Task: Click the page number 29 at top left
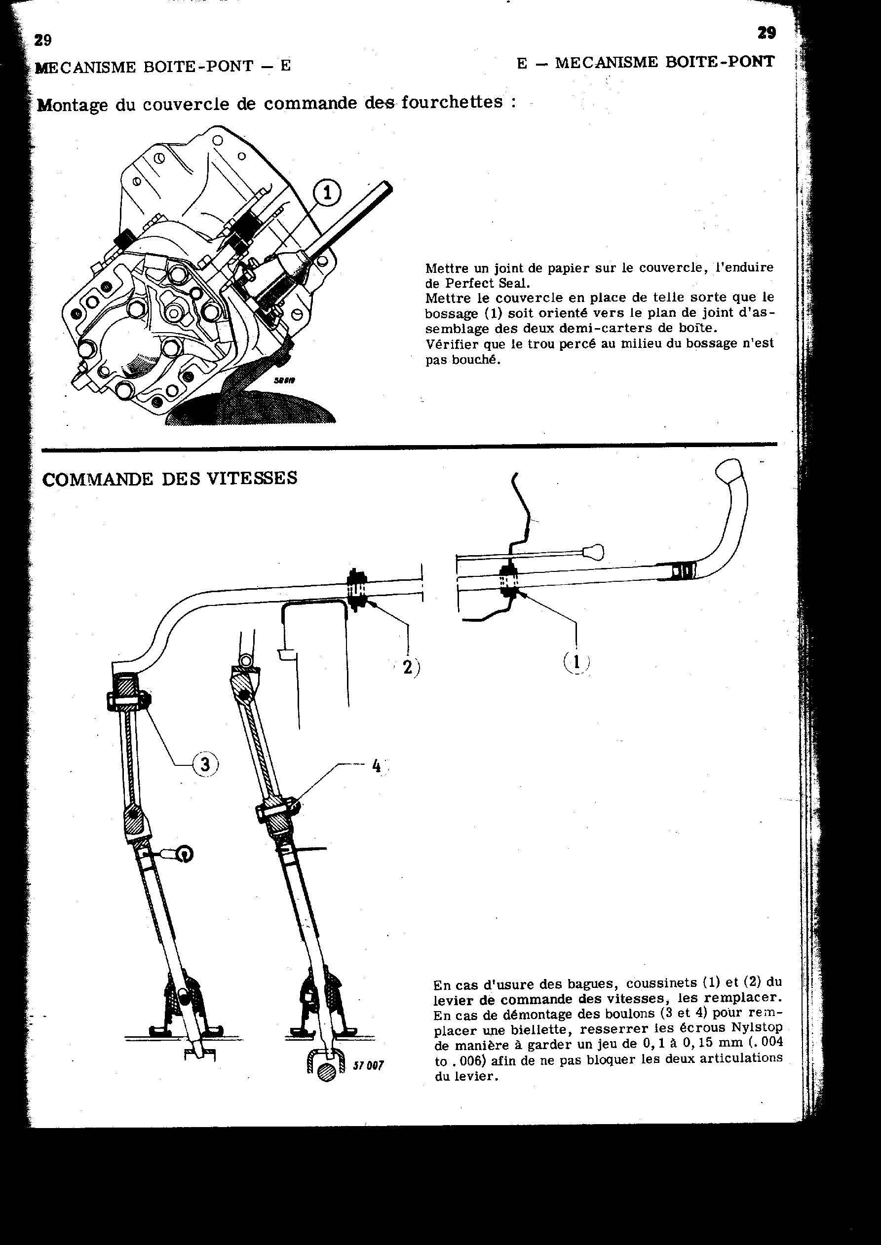tap(43, 40)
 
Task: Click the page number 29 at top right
tap(766, 34)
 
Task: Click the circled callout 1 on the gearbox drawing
tap(327, 192)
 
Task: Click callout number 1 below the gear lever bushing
tap(576, 662)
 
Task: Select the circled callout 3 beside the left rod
tap(205, 764)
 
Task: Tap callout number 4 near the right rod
tap(377, 766)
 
